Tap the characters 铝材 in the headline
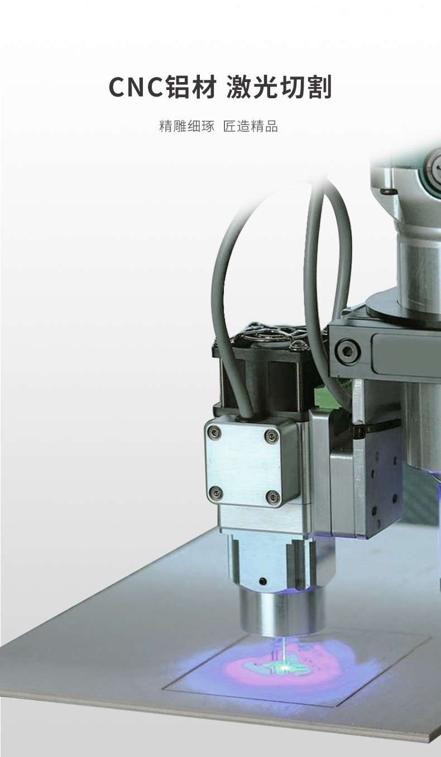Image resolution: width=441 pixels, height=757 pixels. tap(191, 87)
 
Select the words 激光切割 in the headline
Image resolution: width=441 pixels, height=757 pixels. tap(279, 87)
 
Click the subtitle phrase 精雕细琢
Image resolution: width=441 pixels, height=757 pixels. tap(187, 126)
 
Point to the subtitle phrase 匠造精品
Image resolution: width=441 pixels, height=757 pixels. tap(251, 126)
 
